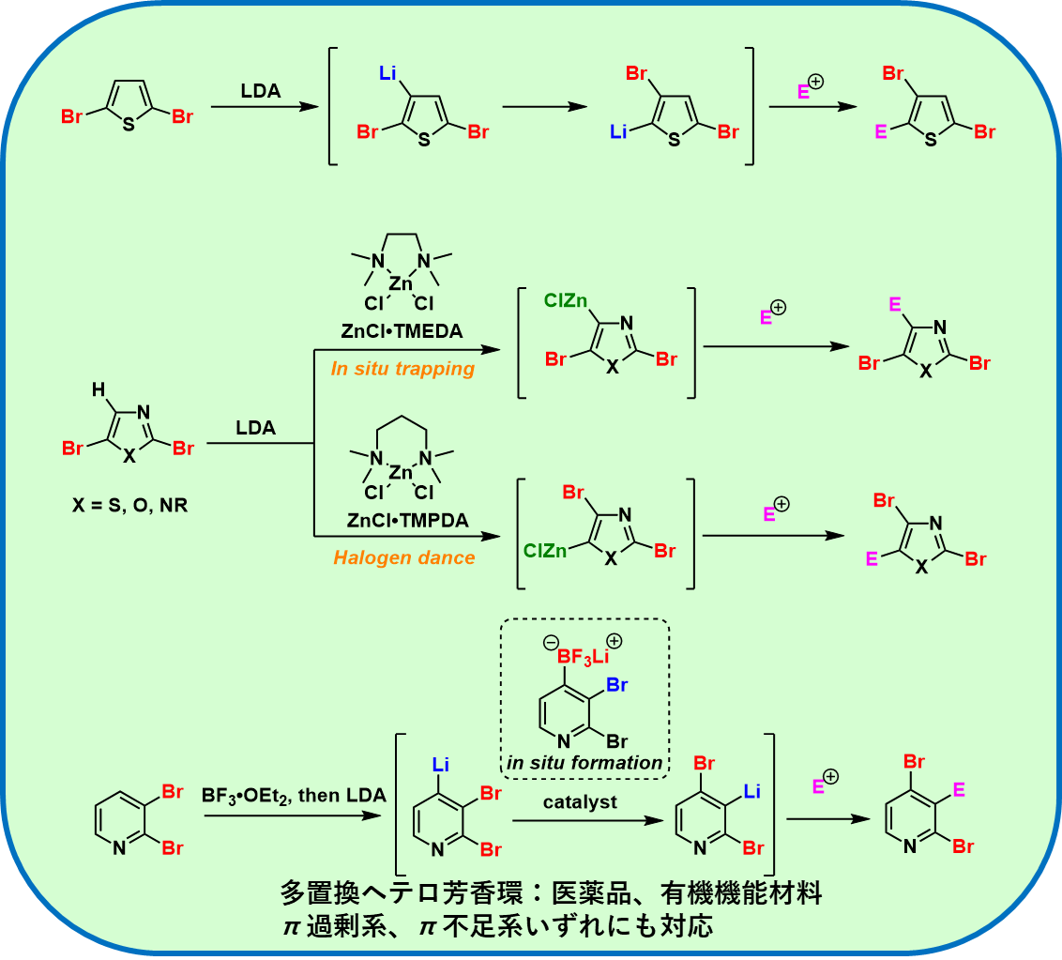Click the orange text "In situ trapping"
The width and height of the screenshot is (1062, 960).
click(x=402, y=369)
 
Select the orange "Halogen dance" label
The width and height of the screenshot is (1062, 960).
click(x=403, y=557)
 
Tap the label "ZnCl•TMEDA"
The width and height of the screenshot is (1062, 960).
click(x=403, y=331)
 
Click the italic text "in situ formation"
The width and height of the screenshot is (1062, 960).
click(x=584, y=763)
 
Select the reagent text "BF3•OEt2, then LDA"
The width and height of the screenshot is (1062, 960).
click(x=294, y=796)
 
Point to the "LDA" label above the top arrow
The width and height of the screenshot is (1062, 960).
click(x=260, y=91)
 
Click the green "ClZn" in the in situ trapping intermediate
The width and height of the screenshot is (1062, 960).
click(x=566, y=300)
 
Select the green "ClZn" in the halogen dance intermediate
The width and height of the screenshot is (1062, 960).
click(x=545, y=551)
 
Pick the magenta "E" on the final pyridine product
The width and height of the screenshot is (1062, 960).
click(x=959, y=790)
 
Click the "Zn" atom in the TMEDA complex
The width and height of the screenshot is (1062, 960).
click(x=402, y=282)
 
